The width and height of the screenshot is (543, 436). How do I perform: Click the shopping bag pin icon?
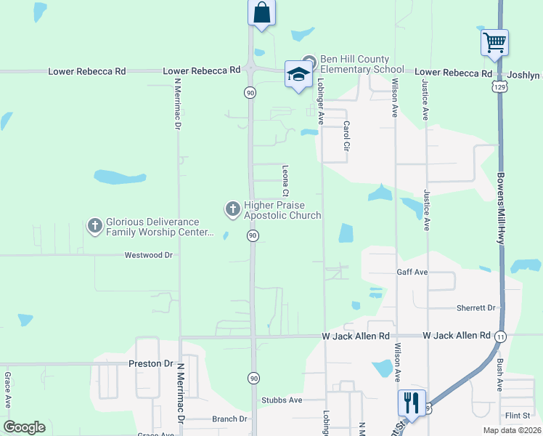(261, 13)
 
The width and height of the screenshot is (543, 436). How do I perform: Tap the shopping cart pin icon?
(494, 42)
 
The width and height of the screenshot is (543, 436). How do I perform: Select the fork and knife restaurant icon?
(412, 402)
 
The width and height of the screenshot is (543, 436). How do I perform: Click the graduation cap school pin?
(298, 73)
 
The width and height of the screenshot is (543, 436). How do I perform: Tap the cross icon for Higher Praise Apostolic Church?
(232, 210)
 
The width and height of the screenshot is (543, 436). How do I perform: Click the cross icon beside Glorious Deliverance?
(94, 226)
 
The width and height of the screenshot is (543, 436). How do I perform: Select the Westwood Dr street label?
(148, 255)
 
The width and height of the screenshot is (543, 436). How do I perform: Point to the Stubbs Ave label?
(281, 400)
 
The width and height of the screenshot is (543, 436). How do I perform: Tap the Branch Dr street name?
(229, 419)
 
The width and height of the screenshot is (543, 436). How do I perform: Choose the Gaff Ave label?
(412, 272)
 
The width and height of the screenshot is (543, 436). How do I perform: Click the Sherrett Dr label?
(475, 307)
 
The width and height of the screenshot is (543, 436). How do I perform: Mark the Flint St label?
(518, 415)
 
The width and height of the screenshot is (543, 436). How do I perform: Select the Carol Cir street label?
(346, 136)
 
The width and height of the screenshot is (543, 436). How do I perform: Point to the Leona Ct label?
(285, 181)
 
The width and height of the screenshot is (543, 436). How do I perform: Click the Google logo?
(24, 427)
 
